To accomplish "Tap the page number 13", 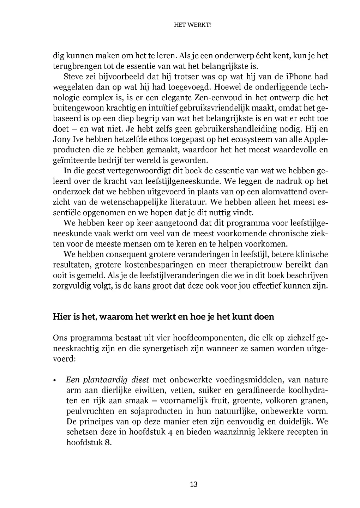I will click(193, 484).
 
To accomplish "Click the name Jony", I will click(61, 139).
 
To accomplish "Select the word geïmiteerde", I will click(73, 160).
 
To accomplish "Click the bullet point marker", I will click(55, 381).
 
